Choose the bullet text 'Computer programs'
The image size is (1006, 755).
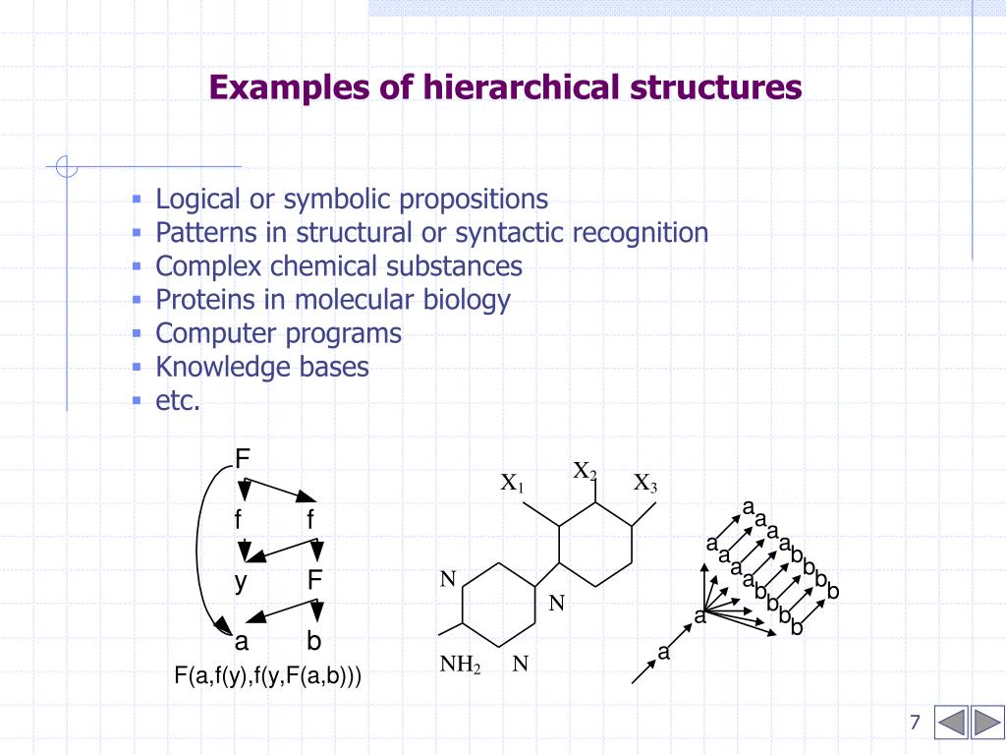pyautogui.click(x=278, y=333)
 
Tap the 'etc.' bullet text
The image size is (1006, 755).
pyautogui.click(x=178, y=400)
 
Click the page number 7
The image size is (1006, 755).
pyautogui.click(x=915, y=724)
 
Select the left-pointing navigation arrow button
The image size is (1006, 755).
pyautogui.click(x=950, y=723)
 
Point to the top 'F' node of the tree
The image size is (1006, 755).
pyautogui.click(x=243, y=459)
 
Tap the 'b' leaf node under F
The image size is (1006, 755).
pyautogui.click(x=314, y=642)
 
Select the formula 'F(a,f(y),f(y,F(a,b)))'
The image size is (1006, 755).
pyautogui.click(x=267, y=676)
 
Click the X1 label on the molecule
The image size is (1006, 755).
pyautogui.click(x=513, y=484)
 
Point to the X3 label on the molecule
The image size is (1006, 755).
pyautogui.click(x=645, y=484)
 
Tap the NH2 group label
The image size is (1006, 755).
pyautogui.click(x=459, y=665)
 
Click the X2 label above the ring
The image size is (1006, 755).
pyautogui.click(x=585, y=471)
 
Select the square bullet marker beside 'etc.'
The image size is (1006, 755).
pyautogui.click(x=137, y=400)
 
